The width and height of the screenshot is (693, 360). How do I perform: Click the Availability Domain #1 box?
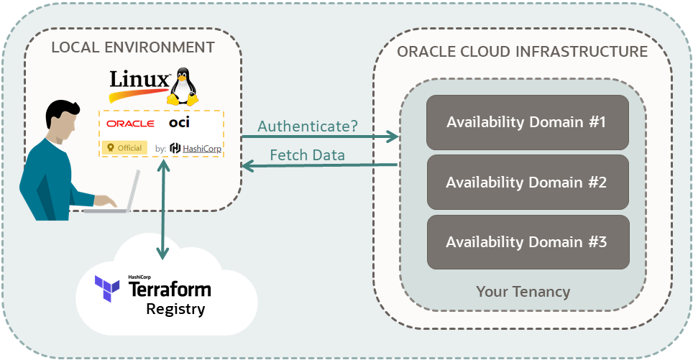pyautogui.click(x=527, y=121)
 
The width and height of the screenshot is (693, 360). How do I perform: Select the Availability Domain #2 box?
pyautogui.click(x=527, y=182)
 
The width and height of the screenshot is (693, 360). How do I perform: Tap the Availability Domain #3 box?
pyautogui.click(x=527, y=241)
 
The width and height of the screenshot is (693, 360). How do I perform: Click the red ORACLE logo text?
pyautogui.click(x=130, y=124)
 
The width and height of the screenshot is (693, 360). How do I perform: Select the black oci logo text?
pyautogui.click(x=180, y=123)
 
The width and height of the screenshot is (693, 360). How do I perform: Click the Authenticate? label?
pyautogui.click(x=308, y=126)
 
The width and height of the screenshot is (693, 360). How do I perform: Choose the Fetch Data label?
pyautogui.click(x=307, y=154)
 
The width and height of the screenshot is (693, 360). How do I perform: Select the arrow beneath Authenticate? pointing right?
pyautogui.click(x=320, y=137)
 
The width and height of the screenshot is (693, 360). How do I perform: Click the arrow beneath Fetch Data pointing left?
pyautogui.click(x=320, y=166)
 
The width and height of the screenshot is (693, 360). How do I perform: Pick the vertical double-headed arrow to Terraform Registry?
pyautogui.click(x=165, y=209)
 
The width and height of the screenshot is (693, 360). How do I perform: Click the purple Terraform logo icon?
pyautogui.click(x=107, y=288)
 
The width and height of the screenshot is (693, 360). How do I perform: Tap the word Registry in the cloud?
pyautogui.click(x=175, y=310)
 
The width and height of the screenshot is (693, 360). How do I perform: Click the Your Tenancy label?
pyautogui.click(x=523, y=291)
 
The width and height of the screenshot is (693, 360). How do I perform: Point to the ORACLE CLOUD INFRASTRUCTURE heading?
pyautogui.click(x=522, y=52)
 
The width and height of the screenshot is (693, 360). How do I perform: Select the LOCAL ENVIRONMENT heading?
pyautogui.click(x=133, y=47)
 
